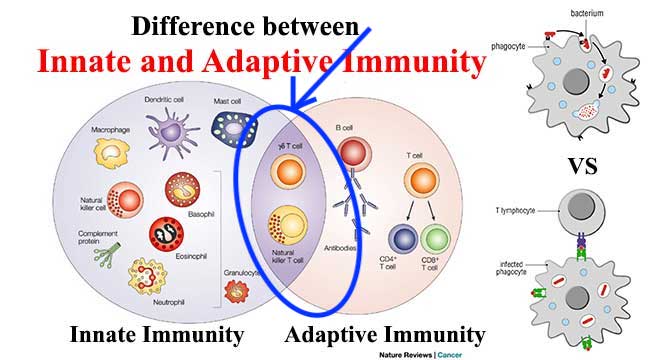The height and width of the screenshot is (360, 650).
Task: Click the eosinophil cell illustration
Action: (166, 234)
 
